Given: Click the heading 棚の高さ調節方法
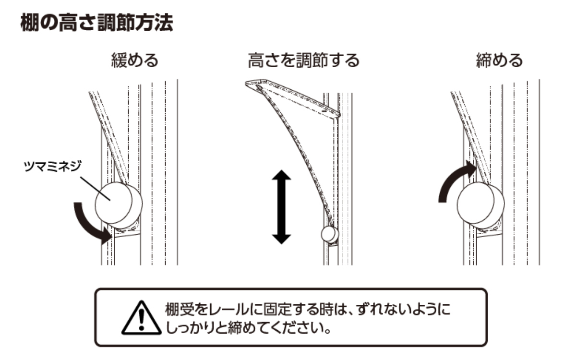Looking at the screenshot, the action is (x=96, y=23).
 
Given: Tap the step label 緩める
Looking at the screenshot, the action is (x=135, y=60).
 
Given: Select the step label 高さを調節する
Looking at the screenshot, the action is (x=303, y=60).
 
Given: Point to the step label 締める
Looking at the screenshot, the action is (x=499, y=60).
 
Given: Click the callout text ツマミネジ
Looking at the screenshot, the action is (x=52, y=166).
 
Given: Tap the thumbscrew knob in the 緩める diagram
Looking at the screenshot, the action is (x=119, y=203).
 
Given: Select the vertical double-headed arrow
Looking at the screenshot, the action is (x=281, y=207).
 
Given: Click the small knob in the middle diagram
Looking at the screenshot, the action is (x=330, y=234).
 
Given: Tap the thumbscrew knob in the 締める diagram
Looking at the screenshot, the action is (x=480, y=203).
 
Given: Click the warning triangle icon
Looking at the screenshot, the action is (x=142, y=318).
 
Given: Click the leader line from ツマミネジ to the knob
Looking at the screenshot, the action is (x=95, y=188).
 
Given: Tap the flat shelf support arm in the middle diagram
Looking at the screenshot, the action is (x=293, y=98).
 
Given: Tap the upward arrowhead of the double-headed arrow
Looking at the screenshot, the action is (x=281, y=175).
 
